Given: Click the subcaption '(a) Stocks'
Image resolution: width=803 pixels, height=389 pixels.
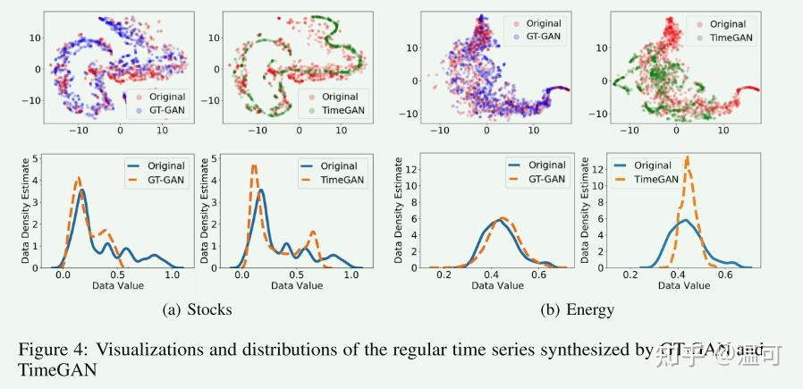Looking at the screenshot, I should click(198, 309).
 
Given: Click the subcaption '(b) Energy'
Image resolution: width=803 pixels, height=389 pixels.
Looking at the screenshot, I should click(578, 309).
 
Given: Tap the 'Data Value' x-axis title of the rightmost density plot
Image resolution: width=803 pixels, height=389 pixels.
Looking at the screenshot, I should click(684, 285).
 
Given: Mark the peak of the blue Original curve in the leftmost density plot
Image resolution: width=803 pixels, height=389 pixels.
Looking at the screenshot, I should click(82, 190).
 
